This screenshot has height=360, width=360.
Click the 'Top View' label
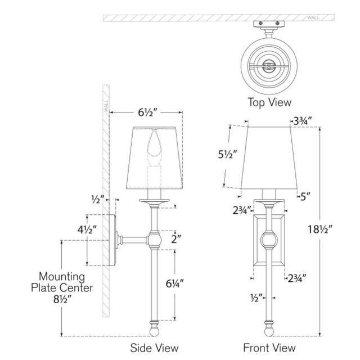[269, 102]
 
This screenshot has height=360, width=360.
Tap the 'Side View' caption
[154, 348]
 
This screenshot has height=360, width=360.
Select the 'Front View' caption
[269, 348]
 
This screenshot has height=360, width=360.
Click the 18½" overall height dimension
[320, 229]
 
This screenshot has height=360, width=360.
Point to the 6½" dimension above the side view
[147, 112]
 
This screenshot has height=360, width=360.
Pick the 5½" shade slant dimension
[227, 155]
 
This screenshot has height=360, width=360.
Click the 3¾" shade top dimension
[303, 121]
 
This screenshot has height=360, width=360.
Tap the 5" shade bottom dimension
[305, 196]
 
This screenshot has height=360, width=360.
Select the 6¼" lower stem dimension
[175, 283]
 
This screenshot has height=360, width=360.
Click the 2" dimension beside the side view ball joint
[176, 239]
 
